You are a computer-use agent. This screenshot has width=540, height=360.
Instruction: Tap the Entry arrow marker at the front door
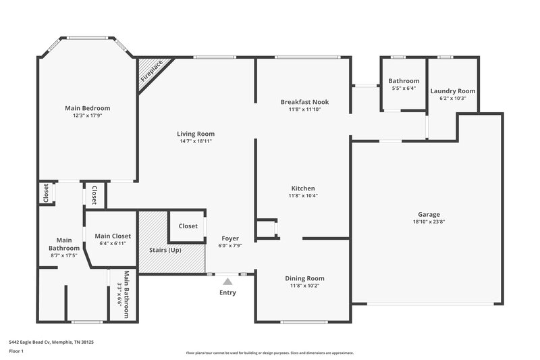click(x=228, y=281)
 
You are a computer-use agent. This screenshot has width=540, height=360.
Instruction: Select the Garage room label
click(x=428, y=213)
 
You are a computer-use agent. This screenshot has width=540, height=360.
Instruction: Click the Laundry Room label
click(x=453, y=91)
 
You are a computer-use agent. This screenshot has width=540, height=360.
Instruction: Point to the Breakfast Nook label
click(x=304, y=102)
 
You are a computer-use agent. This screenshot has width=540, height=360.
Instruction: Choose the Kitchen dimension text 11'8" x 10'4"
click(x=303, y=196)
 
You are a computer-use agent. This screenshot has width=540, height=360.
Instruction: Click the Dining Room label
click(x=304, y=278)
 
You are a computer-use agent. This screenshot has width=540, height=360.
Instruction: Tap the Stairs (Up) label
click(x=165, y=250)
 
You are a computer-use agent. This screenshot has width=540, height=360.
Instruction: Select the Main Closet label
click(x=113, y=236)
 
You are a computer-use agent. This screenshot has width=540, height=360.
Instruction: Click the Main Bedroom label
click(x=87, y=108)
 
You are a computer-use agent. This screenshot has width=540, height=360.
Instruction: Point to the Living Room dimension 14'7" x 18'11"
click(x=196, y=141)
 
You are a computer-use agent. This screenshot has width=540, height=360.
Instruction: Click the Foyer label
click(x=231, y=238)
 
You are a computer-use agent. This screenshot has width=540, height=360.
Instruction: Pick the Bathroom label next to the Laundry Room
click(x=405, y=81)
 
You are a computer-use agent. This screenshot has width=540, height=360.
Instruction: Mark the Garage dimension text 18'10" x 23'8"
click(x=428, y=221)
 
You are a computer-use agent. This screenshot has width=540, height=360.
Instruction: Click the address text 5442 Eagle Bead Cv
click(x=51, y=342)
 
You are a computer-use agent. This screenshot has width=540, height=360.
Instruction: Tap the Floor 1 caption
click(x=16, y=352)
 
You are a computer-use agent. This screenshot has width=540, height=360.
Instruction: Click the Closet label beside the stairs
click(x=188, y=226)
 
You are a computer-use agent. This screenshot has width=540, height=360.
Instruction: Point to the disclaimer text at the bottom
click(x=269, y=353)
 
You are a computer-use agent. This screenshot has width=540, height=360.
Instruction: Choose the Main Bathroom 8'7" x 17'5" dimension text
click(x=64, y=255)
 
